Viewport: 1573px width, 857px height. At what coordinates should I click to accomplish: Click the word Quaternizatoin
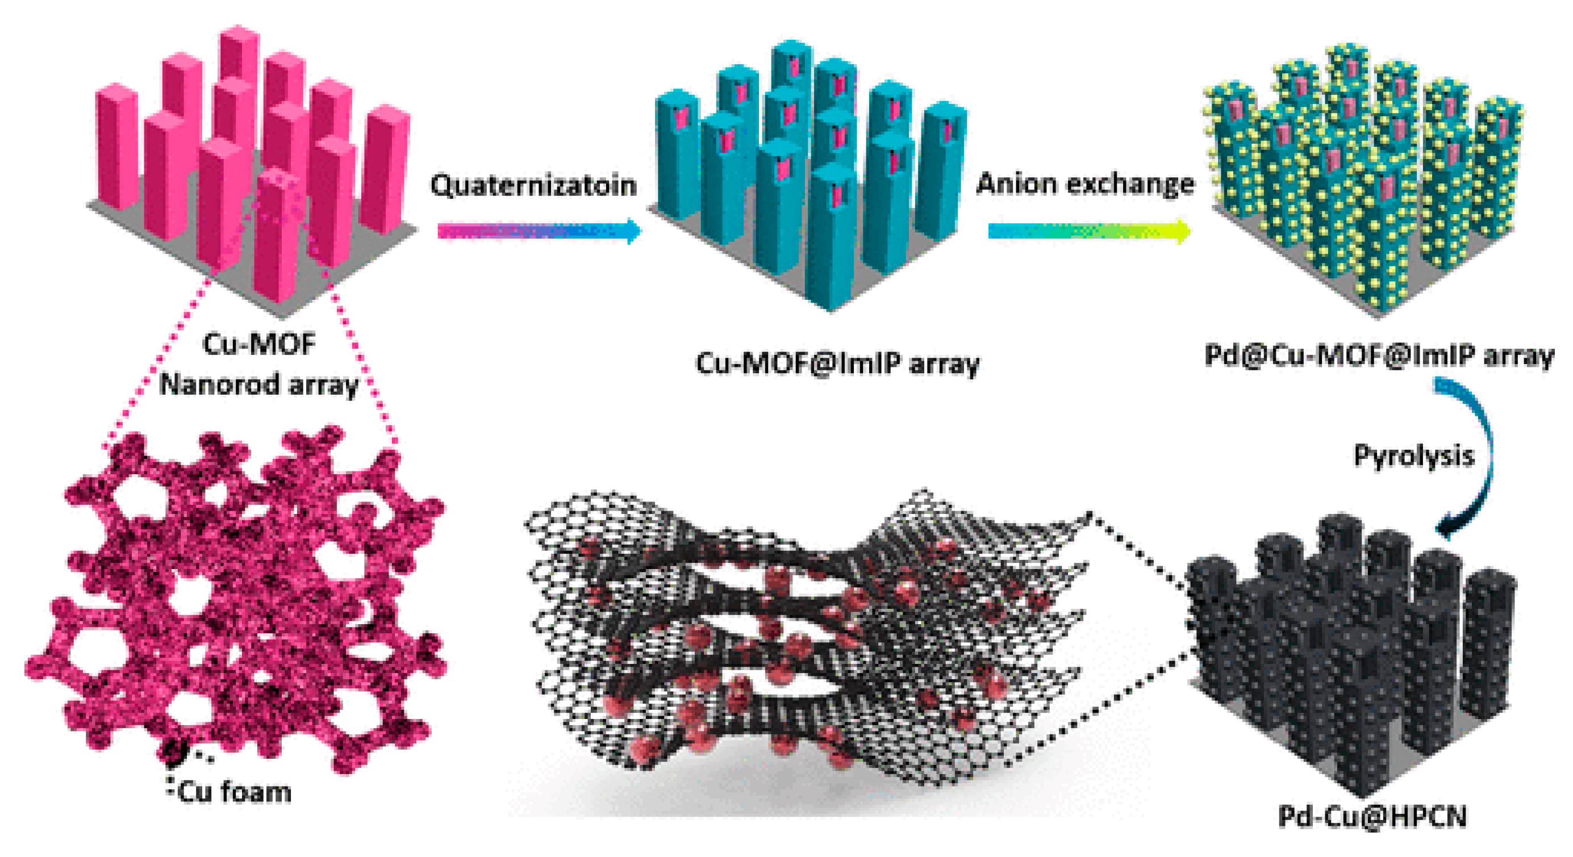coord(533,185)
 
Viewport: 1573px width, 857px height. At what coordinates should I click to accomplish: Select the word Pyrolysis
coord(1413,455)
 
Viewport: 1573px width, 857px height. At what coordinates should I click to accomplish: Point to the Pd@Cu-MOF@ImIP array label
coord(1379,356)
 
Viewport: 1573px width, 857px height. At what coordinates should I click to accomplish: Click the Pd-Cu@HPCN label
coord(1372,816)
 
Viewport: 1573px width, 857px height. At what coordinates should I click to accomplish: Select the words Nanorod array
coord(259,385)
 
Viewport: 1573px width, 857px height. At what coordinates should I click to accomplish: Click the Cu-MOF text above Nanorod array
coord(259,344)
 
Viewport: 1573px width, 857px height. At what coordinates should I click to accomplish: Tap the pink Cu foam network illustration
coord(238,598)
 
